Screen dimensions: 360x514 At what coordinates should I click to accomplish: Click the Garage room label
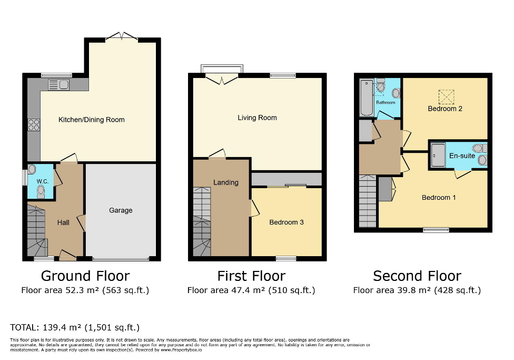(121, 210)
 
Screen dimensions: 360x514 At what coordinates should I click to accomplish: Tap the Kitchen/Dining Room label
(91, 120)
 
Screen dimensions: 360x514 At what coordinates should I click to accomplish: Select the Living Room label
(257, 118)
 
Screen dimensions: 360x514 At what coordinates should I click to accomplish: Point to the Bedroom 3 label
(286, 222)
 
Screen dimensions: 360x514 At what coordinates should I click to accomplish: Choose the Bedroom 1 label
(439, 198)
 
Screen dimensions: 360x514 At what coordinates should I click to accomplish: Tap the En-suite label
(462, 156)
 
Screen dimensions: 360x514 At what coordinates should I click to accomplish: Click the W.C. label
(43, 182)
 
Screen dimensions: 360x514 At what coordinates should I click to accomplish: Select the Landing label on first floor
(225, 182)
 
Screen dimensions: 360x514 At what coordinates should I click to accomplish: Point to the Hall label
(63, 222)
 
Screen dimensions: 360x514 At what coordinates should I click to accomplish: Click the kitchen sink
(58, 84)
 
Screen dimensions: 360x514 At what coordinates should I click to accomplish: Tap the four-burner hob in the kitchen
(34, 125)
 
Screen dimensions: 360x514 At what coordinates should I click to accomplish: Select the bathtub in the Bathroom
(365, 98)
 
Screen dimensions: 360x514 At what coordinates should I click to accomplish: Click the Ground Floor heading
(85, 276)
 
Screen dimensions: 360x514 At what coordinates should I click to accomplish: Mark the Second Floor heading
(417, 276)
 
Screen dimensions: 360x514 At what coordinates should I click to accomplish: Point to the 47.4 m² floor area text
(251, 290)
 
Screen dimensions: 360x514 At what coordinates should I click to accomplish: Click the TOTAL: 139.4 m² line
(75, 327)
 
